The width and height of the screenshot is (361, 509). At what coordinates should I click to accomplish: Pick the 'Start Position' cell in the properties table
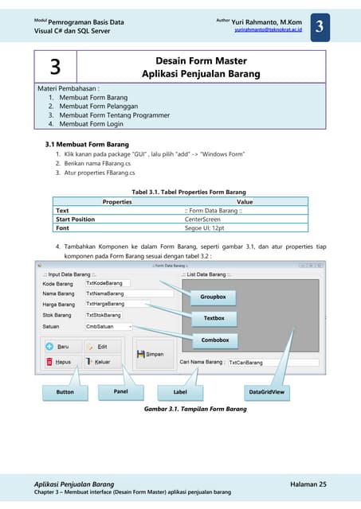point(75,219)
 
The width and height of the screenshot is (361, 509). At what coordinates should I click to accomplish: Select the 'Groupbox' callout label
point(214,297)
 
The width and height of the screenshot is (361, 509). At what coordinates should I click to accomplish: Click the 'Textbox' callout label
point(214,318)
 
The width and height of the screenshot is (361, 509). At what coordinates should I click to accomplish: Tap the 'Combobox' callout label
point(215,340)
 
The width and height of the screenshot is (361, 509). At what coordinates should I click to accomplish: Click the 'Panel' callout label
point(120,392)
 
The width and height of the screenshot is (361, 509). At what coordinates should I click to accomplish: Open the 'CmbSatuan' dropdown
point(109,326)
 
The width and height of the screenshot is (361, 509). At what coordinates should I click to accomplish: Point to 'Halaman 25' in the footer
point(304,484)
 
